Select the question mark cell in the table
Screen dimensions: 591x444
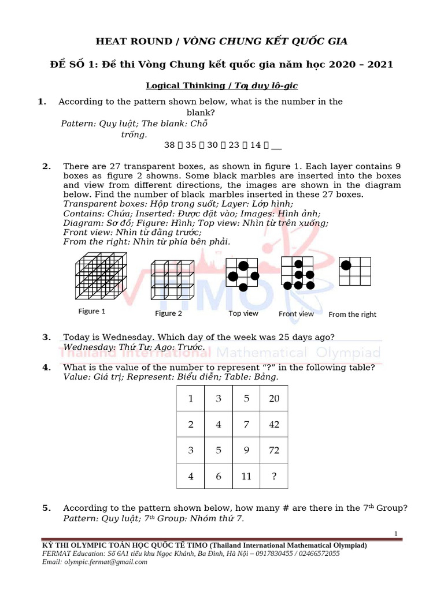pyautogui.click(x=274, y=476)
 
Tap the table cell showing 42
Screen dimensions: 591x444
pyautogui.click(x=274, y=424)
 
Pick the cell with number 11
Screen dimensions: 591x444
pyautogui.click(x=246, y=476)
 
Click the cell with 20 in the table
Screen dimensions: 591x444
pyautogui.click(x=274, y=399)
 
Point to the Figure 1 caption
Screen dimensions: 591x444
pyautogui.click(x=92, y=312)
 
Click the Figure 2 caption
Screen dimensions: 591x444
pyautogui.click(x=168, y=313)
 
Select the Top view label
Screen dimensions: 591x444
pyautogui.click(x=243, y=313)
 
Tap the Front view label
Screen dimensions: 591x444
pyautogui.click(x=296, y=314)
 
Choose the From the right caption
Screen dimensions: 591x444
pyautogui.click(x=352, y=315)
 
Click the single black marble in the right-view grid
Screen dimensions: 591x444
pyautogui.click(x=346, y=265)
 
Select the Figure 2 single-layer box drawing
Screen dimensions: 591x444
pyautogui.click(x=172, y=279)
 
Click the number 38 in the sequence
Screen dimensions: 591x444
pyautogui.click(x=169, y=146)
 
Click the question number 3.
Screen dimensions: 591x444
pyautogui.click(x=46, y=337)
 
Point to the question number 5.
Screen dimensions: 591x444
pyautogui.click(x=46, y=508)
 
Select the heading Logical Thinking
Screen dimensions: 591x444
pyautogui.click(x=185, y=85)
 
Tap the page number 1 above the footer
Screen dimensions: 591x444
pyautogui.click(x=395, y=534)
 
